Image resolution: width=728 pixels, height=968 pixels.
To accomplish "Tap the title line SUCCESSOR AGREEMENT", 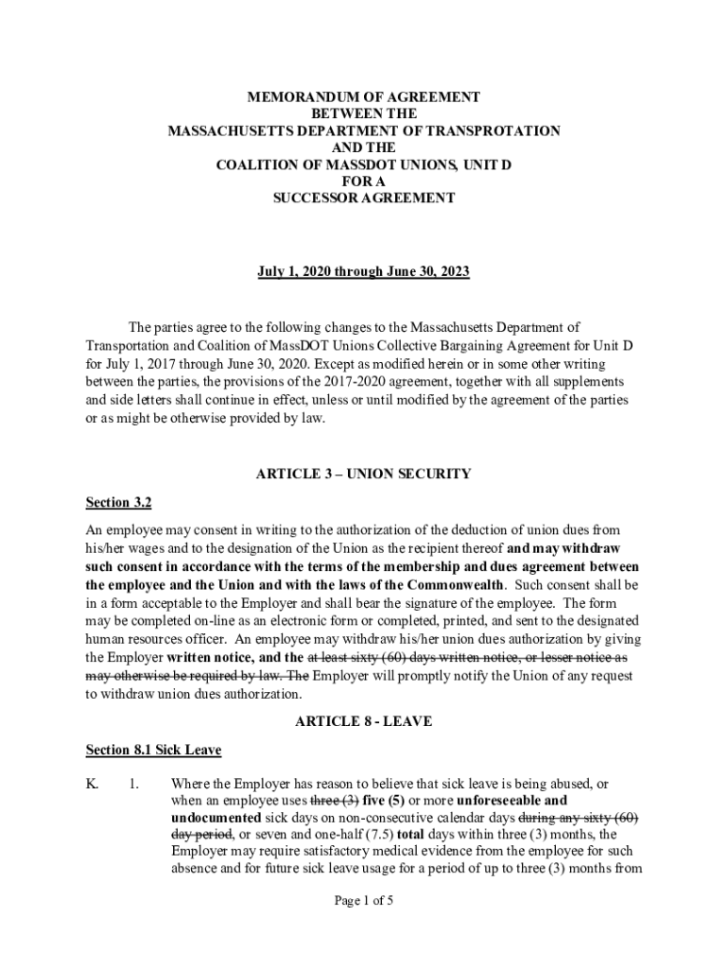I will tap(364, 199).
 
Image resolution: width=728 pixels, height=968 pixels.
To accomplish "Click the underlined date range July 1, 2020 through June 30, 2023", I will tap(364, 272).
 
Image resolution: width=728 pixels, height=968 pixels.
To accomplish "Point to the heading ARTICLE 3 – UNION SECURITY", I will tap(364, 474).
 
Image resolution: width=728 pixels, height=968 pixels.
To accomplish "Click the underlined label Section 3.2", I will tap(118, 502).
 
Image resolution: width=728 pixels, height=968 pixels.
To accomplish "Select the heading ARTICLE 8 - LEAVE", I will tap(364, 721).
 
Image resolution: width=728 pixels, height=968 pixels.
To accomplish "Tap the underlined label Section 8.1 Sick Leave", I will tap(153, 751).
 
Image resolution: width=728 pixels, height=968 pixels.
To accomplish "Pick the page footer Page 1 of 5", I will tap(364, 901).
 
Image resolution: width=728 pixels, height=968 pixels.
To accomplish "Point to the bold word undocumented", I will tap(217, 817).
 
